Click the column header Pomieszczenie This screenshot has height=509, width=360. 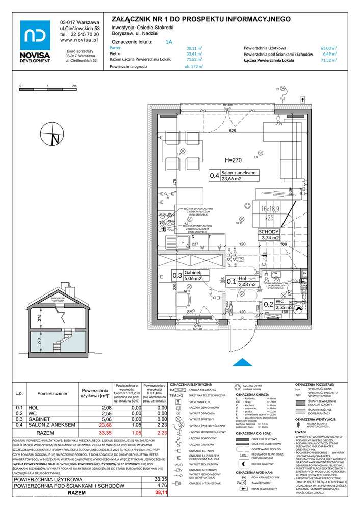tap(50, 393)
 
